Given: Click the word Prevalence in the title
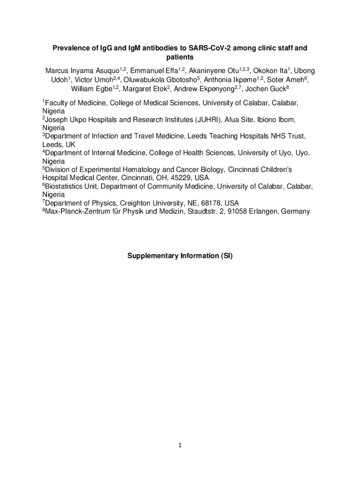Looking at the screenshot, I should point(69,48).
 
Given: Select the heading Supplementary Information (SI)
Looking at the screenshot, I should point(180,256).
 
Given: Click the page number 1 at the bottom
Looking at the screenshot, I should point(180,445).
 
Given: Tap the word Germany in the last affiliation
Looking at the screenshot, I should point(295,211).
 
